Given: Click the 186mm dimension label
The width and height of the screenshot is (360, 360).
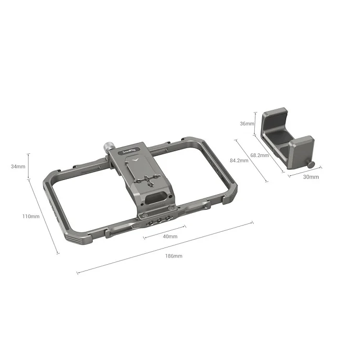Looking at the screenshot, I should click(x=173, y=256).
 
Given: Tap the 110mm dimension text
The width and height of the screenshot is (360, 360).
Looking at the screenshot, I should click(x=31, y=216).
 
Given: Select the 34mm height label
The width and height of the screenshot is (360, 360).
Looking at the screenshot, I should click(x=17, y=166).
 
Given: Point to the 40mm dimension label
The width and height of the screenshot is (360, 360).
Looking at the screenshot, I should click(x=170, y=237).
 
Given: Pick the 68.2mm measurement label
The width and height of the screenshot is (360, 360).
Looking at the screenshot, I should click(x=259, y=155).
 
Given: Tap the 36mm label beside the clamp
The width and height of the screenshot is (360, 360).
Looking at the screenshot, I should click(x=246, y=124).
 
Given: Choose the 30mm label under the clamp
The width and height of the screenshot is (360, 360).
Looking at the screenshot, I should click(x=311, y=177).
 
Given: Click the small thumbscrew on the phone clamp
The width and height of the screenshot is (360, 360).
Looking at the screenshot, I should click(x=312, y=165).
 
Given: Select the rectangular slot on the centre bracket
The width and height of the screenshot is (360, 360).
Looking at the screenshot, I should click(x=156, y=199).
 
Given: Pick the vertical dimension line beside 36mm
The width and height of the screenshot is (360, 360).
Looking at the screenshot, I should click(x=255, y=123).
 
